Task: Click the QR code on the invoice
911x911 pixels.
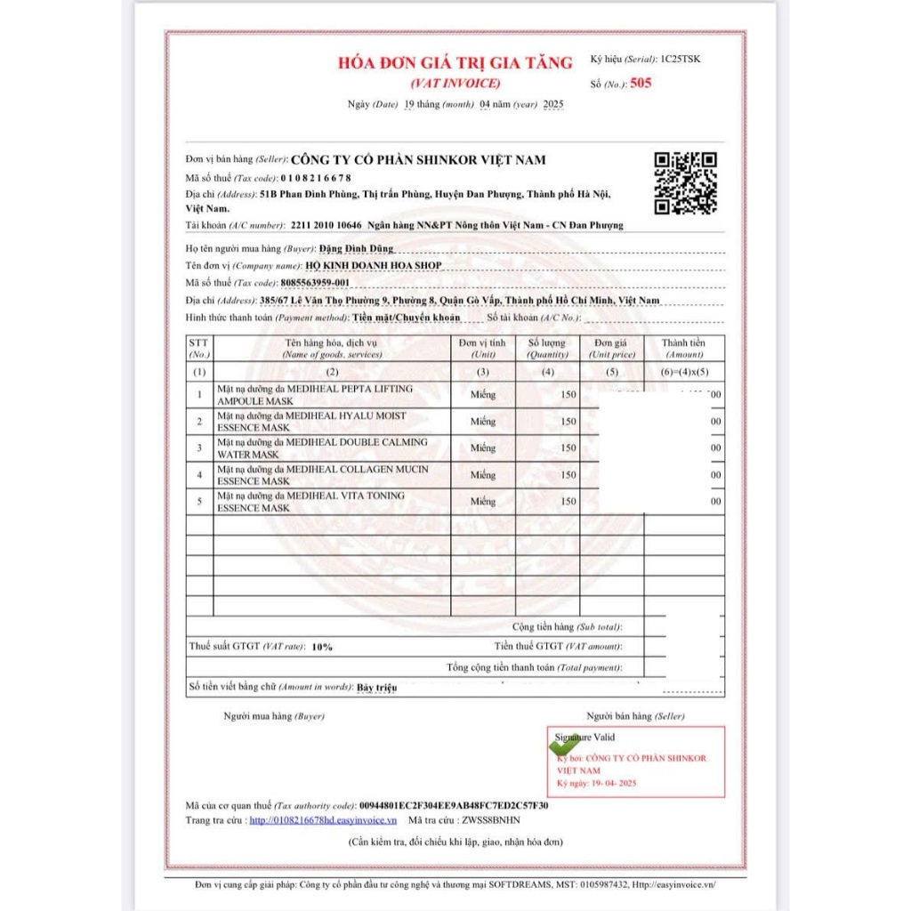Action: pos(685,182)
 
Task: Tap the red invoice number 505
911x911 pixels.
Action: pos(641,84)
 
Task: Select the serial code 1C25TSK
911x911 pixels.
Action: pos(681,60)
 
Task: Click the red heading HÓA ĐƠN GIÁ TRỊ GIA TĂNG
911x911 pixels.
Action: pos(455,63)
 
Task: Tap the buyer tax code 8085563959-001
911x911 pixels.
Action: pos(314,282)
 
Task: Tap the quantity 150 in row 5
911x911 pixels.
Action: pos(568,502)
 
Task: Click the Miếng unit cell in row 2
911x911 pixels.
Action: pos(483,422)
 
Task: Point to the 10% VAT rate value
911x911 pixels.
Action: pos(322,647)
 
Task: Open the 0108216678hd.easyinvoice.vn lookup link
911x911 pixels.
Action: pos(323,820)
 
